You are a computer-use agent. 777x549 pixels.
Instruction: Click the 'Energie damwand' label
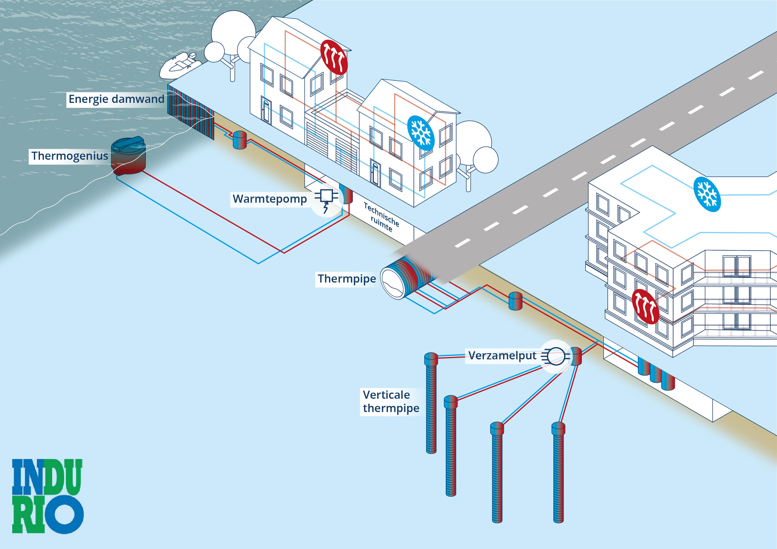(x=117, y=99)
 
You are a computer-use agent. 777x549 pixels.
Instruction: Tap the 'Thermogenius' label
(x=70, y=156)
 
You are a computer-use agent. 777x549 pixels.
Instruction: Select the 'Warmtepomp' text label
(x=270, y=199)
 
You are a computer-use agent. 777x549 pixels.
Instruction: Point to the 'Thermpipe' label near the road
(x=347, y=279)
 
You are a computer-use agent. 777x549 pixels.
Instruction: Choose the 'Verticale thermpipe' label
(x=391, y=401)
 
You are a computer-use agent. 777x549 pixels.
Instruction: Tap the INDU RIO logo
(x=47, y=496)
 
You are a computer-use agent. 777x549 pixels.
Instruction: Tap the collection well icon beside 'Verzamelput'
(x=556, y=356)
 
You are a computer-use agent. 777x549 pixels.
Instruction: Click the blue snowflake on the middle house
(x=421, y=133)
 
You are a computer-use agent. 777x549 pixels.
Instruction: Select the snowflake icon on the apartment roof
(x=707, y=194)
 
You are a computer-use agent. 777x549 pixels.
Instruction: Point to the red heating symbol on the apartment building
(x=645, y=307)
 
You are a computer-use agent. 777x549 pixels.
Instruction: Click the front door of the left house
(x=266, y=110)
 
